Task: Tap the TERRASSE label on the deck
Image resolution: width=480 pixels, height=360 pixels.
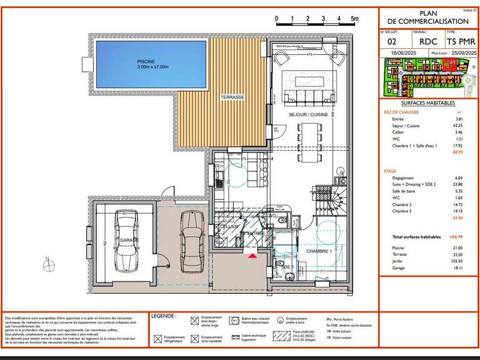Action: tap(232, 98)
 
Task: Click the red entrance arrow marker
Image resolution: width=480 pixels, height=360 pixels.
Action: tap(252, 256)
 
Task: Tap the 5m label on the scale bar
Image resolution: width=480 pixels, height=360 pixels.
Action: tap(354, 19)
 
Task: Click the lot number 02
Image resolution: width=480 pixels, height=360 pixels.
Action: tap(392, 42)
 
